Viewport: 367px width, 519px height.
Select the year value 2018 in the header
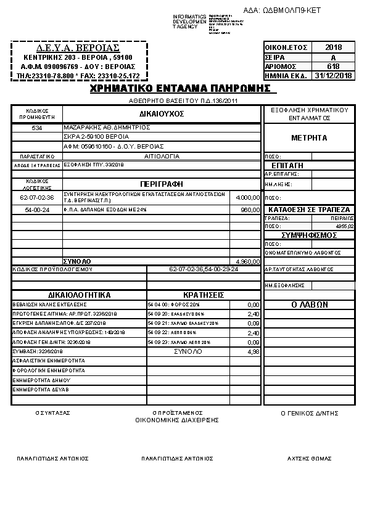pos(333,47)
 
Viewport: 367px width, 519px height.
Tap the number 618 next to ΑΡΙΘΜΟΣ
pos(333,67)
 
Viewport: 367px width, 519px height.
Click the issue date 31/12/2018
pos(333,76)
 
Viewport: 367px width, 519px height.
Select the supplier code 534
pos(37,128)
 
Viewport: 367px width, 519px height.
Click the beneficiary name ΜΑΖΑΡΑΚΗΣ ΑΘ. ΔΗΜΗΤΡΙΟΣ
pos(99,127)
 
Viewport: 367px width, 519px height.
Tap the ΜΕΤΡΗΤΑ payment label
pos(309,138)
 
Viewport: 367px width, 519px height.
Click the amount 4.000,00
pos(249,198)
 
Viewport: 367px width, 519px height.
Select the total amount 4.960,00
pos(249,261)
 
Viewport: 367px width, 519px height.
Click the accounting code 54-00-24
pos(37,210)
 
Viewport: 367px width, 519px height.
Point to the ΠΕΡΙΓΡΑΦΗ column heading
pos(162,184)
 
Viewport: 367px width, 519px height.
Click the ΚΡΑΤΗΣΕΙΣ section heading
pos(203,295)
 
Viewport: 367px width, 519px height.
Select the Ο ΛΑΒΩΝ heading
pos(309,304)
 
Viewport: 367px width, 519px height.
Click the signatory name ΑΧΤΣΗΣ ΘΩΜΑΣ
pos(310,459)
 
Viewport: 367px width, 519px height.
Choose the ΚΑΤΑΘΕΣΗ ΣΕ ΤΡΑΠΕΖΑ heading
pos(309,210)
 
